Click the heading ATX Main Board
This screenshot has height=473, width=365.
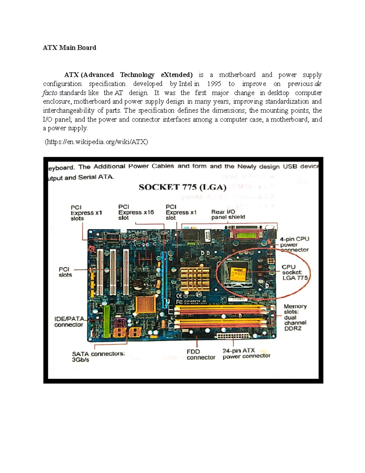69,48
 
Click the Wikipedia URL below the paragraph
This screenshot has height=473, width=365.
96,142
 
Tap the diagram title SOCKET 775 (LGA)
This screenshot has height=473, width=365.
182,187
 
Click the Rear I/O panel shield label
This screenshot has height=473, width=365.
228,214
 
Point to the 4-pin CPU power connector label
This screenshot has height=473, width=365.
294,244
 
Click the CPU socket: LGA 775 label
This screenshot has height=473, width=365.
294,272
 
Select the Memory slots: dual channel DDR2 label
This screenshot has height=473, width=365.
295,317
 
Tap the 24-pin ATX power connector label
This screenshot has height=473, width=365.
246,353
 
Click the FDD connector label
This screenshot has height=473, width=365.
201,355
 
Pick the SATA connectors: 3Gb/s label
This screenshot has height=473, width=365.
98,357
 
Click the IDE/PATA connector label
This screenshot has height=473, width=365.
69,322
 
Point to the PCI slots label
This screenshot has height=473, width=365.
65,272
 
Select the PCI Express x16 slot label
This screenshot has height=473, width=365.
136,212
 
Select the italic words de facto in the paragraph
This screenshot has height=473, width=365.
317,84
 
